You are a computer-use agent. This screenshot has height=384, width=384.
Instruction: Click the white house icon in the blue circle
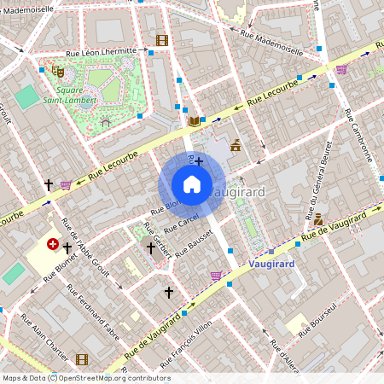[192, 184]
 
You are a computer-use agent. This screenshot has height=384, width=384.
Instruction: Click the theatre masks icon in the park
[57, 72]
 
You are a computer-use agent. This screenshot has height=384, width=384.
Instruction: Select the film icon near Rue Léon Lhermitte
[162, 39]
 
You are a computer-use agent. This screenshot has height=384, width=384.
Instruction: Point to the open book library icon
[195, 121]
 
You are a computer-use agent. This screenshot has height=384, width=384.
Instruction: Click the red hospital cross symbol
[53, 245]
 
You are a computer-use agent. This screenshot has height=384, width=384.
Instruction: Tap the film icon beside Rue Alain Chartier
[82, 359]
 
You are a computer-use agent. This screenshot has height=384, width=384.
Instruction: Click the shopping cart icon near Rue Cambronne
[341, 69]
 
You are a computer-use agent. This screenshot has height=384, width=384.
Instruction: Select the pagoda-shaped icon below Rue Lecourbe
[236, 146]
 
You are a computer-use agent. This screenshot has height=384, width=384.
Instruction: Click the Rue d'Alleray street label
[285, 358]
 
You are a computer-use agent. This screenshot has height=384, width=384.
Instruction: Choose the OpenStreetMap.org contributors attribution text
[115, 378]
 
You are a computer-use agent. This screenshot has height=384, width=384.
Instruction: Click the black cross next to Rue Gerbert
[152, 247]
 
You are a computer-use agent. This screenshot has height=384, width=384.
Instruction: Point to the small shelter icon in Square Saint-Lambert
[105, 123]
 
